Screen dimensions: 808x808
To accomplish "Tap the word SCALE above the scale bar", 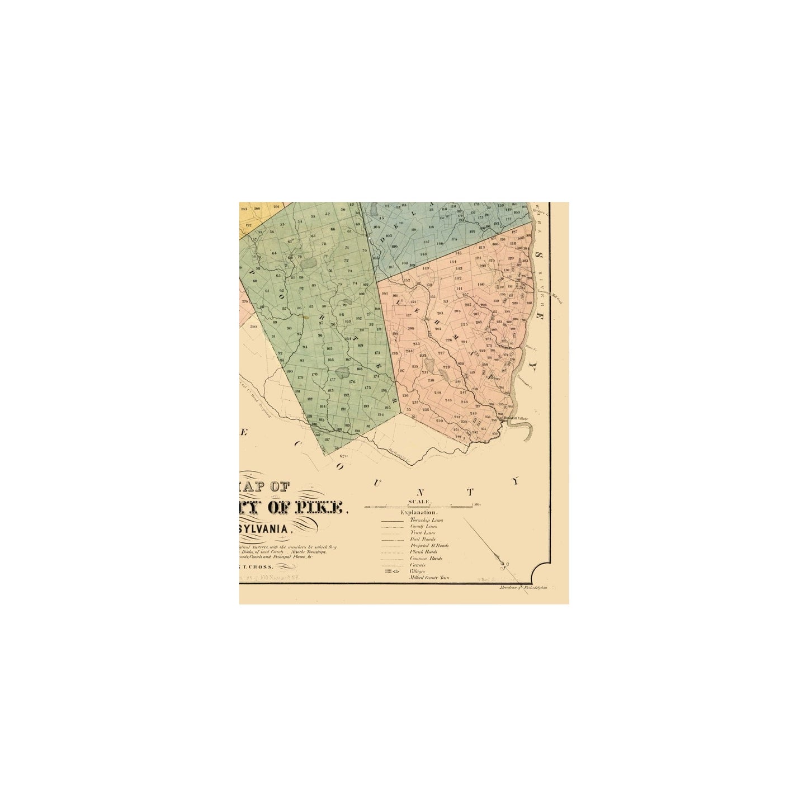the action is coord(419,502).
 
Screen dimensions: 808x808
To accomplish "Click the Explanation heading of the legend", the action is coord(419,512).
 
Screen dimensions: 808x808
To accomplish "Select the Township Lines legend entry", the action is coord(426,520).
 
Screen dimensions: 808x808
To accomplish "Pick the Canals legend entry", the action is coord(417,565).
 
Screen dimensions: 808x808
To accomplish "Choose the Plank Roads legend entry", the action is coord(423,552).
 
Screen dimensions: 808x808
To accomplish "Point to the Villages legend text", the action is coord(418,571).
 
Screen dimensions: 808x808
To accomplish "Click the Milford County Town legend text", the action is coord(429,578).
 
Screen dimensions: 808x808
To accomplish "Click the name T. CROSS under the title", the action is coord(261,566).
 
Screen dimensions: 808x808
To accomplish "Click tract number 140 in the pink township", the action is coord(481,285).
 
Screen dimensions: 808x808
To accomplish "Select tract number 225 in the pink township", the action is coord(464,325).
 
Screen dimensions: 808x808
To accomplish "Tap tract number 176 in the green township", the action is coord(352,382).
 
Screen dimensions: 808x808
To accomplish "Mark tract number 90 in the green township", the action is coord(289,328).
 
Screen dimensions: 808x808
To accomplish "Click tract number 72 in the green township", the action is coord(346,261).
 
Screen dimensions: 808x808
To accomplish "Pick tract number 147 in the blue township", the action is coord(427,242).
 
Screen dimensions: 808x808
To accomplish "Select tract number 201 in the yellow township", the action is coord(276,207).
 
